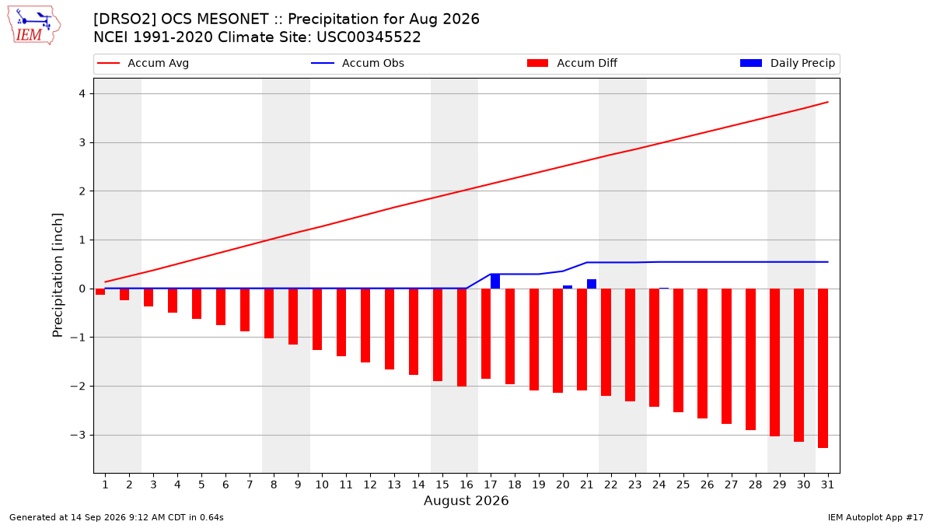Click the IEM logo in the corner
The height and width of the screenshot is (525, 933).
point(34,25)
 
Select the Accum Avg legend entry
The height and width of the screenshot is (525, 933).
point(143,63)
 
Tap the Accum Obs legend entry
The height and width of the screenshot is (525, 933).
point(358,63)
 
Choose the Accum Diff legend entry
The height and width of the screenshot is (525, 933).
point(572,63)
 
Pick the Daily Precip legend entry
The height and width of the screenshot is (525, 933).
point(787,63)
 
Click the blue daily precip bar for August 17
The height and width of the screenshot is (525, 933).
point(495,282)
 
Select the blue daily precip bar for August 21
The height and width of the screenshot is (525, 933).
point(592,284)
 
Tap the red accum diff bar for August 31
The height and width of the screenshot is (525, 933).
point(823,369)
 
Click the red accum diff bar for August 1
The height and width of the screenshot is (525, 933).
point(100,292)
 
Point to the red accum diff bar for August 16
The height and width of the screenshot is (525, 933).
point(462,338)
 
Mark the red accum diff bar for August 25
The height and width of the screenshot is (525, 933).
point(678,351)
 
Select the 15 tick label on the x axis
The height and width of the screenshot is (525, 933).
point(442,485)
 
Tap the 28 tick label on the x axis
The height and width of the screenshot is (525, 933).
point(755,485)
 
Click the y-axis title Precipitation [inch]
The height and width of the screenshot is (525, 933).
point(58,275)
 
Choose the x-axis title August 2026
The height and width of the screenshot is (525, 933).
point(466,500)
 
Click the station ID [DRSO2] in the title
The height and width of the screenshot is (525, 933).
point(124,19)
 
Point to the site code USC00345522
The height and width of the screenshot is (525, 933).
point(369,37)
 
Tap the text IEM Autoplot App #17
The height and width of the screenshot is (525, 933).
point(875,517)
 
